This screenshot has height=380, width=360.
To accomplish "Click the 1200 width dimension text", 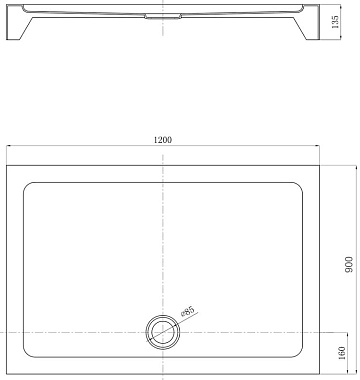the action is tap(163, 140).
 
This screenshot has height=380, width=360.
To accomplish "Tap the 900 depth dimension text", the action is tap(349, 265).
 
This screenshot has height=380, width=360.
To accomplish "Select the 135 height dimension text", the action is tap(335, 22).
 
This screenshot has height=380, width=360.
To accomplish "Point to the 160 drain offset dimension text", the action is tap(342, 353).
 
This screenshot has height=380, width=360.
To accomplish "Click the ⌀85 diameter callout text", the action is tap(187, 312).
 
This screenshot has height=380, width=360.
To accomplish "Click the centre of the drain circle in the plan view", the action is tap(163, 332).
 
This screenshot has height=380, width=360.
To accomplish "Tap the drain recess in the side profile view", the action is tap(163, 16).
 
